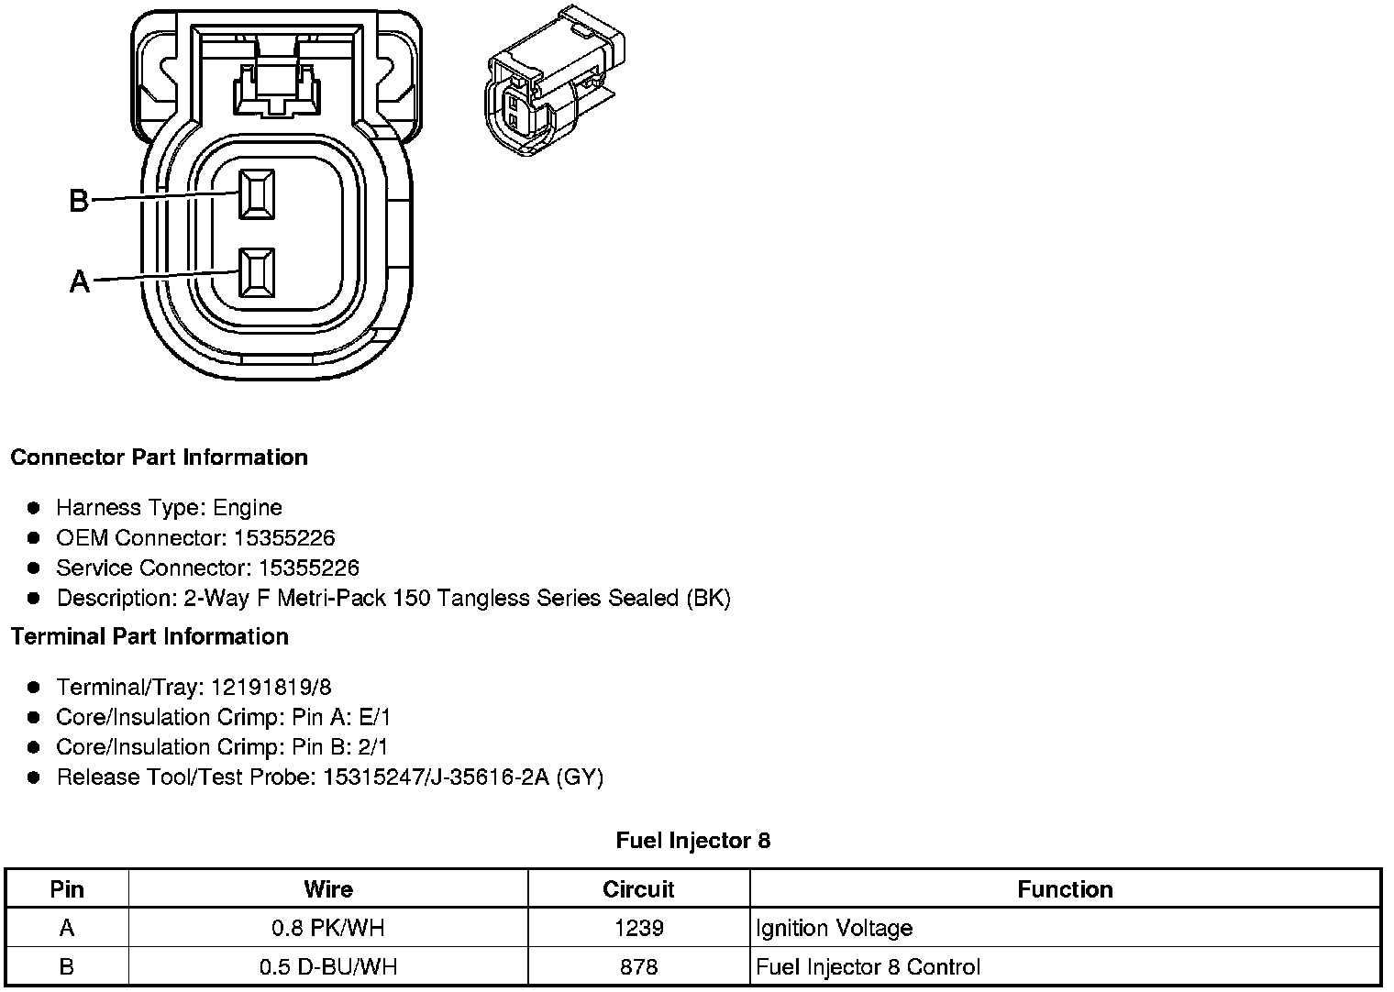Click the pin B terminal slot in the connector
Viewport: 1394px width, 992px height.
(256, 194)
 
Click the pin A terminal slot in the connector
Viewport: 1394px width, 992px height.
(256, 272)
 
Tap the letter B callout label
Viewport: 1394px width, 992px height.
(79, 201)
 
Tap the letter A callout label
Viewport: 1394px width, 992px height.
(80, 281)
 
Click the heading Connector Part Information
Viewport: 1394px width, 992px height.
(159, 457)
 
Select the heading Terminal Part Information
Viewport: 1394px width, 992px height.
(149, 636)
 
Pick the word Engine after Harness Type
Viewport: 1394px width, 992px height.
(248, 508)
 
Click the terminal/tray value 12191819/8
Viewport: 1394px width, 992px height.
(271, 687)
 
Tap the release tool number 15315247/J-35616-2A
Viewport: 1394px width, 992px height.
(436, 777)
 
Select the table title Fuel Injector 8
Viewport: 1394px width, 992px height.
(693, 840)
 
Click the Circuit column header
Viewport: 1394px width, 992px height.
(638, 889)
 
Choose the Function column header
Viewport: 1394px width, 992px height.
(1065, 889)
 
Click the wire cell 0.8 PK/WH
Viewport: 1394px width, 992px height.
(327, 928)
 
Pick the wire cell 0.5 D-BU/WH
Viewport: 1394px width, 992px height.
(327, 966)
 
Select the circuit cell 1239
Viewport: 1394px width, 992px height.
(638, 928)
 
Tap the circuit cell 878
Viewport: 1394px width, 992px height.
(638, 966)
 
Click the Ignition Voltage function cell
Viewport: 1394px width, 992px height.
(834, 928)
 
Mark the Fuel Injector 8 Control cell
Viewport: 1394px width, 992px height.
(868, 966)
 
